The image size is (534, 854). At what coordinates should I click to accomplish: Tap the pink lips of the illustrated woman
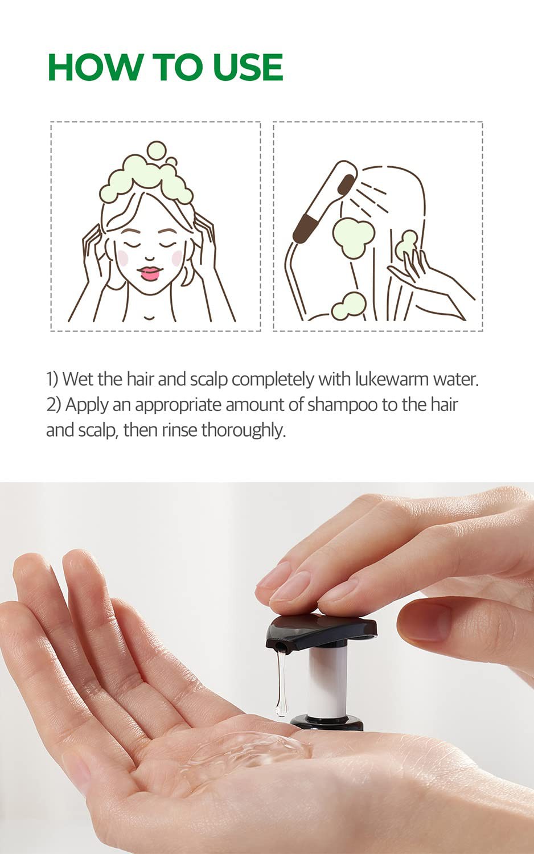pyautogui.click(x=150, y=273)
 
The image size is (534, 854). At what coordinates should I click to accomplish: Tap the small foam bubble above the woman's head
pyautogui.click(x=155, y=151)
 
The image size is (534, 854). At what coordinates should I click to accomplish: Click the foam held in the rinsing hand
pyautogui.click(x=408, y=244)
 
